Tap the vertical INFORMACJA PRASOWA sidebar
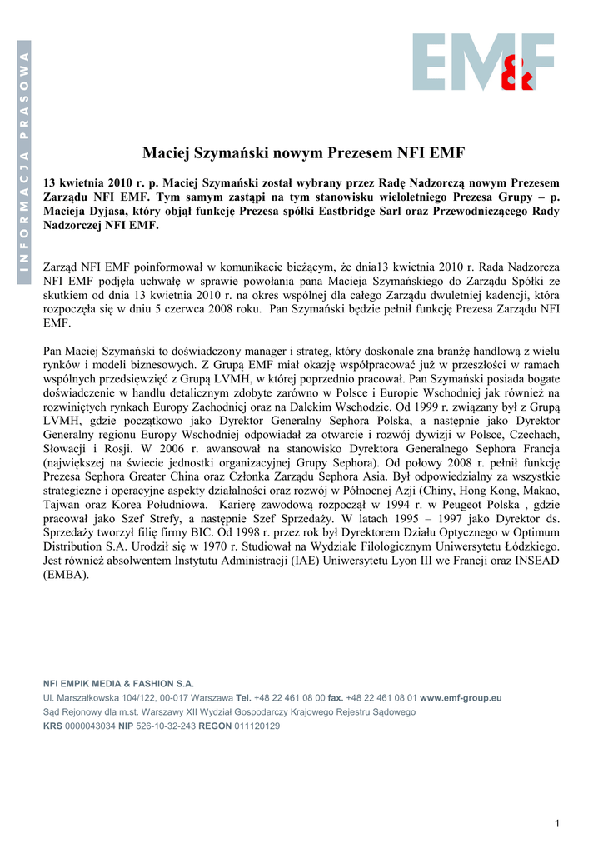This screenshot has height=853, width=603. click(x=25, y=163)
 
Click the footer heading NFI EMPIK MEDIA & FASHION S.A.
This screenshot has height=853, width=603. click(x=118, y=683)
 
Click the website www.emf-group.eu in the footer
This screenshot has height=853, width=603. click(x=461, y=698)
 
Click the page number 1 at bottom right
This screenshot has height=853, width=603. click(x=556, y=825)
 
